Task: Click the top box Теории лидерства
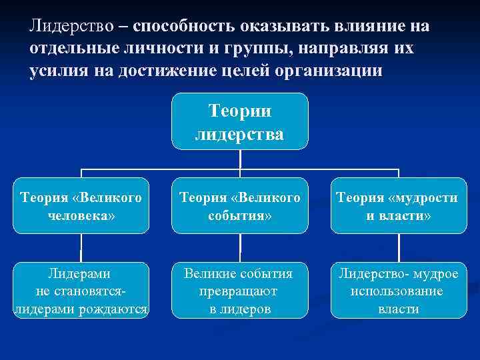point(239,121)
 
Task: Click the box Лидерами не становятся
point(81,291)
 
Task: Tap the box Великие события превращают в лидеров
point(239,291)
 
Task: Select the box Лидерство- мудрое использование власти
point(398,291)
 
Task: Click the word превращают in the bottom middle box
point(239,291)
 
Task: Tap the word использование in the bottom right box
point(398,291)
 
